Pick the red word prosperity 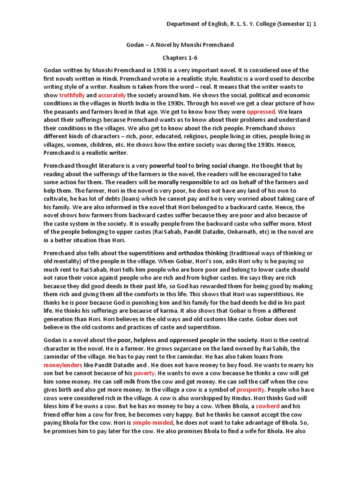tap(251, 390)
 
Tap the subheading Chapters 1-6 tap(180, 57)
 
